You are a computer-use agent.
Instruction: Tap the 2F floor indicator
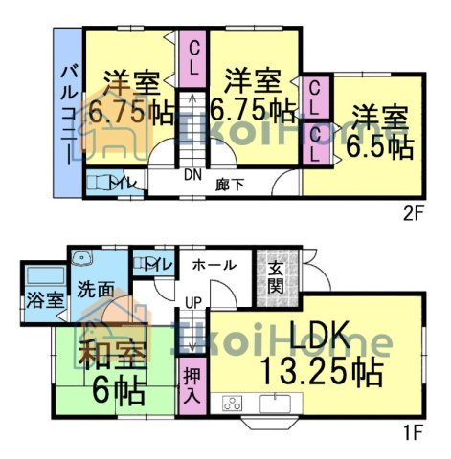[x=413, y=215]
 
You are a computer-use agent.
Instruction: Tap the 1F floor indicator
[x=413, y=433]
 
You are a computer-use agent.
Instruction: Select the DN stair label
[x=192, y=175]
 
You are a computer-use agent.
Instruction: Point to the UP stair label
[x=193, y=302]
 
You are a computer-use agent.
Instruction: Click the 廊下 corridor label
[x=230, y=185]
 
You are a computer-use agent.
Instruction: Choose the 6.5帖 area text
[x=379, y=147]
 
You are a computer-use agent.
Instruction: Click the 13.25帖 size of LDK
[x=322, y=373]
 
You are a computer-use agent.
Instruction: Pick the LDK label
[x=320, y=337]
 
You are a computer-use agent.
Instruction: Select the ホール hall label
[x=214, y=265]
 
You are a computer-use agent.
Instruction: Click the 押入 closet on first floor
[x=192, y=386]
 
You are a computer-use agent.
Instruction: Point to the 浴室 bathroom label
[x=45, y=300]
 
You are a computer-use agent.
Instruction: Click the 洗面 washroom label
[x=96, y=290]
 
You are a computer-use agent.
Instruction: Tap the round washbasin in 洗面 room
[x=81, y=257]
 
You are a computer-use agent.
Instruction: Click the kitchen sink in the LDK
[x=275, y=403]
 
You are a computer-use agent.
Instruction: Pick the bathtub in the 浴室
[x=46, y=275]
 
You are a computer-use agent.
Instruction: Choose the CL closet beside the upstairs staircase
[x=192, y=59]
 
